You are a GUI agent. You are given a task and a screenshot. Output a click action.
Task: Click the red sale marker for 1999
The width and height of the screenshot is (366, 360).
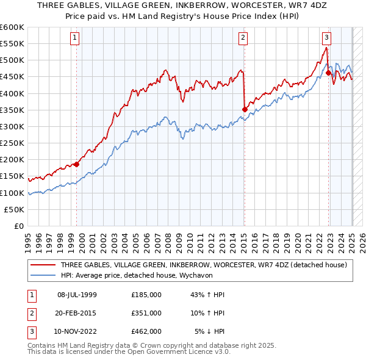(x=77, y=164)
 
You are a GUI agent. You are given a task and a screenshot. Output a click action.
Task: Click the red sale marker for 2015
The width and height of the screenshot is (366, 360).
(x=245, y=109)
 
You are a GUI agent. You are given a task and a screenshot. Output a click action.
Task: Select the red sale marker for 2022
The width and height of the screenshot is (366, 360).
(x=328, y=73)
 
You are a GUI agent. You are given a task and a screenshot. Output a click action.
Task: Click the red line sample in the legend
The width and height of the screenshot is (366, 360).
(x=43, y=265)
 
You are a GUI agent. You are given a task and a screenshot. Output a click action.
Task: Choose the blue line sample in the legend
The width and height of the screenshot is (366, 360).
(x=43, y=275)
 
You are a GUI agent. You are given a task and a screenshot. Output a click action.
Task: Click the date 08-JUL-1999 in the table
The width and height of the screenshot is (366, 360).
(x=76, y=294)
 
